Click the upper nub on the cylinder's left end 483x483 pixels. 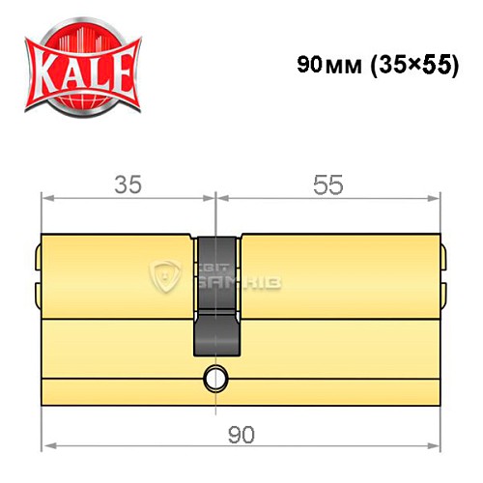tap(38, 258)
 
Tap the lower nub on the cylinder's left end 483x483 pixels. tap(38, 289)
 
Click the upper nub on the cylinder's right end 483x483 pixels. tap(444, 258)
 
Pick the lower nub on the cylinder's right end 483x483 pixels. tap(444, 289)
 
